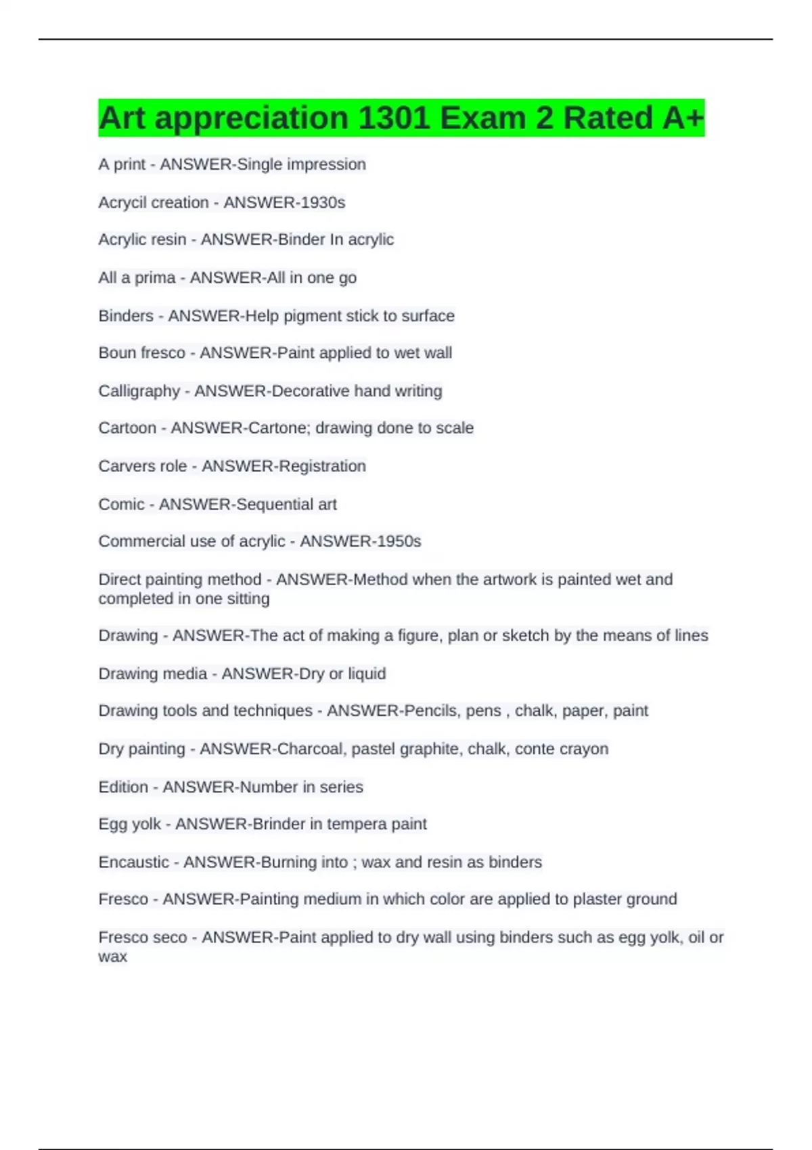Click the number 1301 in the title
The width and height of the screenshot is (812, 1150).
click(393, 118)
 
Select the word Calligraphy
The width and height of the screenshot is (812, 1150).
click(139, 391)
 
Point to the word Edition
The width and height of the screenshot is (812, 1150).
click(123, 787)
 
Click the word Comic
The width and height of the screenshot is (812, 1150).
click(122, 504)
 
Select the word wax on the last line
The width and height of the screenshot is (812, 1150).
click(112, 957)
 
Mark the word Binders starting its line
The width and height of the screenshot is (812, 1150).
click(126, 316)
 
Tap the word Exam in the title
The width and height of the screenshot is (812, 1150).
click(482, 118)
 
